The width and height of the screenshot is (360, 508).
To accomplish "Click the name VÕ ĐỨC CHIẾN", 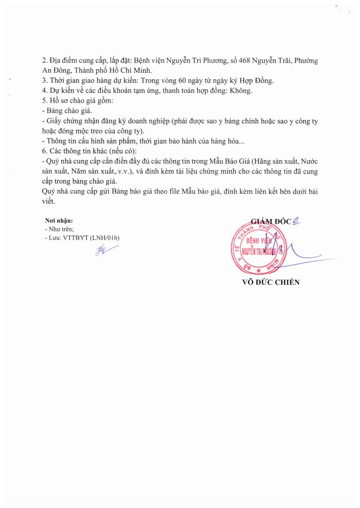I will tap(271, 282).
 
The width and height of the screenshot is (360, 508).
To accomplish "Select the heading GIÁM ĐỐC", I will tap(271, 221).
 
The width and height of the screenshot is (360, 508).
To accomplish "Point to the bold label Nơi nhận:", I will tap(59, 221).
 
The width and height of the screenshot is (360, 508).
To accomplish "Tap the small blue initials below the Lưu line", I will tap(103, 251).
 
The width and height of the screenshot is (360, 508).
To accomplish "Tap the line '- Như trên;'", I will tap(59, 229).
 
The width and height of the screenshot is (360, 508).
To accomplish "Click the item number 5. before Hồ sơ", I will tap(45, 101).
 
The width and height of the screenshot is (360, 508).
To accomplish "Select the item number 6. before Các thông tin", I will tap(45, 151).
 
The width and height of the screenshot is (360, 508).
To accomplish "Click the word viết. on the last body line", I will tap(51, 201).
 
